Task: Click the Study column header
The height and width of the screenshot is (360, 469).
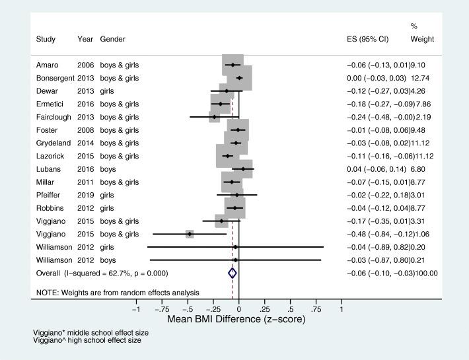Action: point(45,40)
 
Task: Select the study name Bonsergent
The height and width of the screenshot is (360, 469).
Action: point(55,78)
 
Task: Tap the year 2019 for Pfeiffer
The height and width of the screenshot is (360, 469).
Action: point(85,195)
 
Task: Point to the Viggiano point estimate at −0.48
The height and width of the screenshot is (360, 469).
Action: point(190,234)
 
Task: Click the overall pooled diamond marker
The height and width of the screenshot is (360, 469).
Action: point(232,273)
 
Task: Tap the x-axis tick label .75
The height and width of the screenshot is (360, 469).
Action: point(316,309)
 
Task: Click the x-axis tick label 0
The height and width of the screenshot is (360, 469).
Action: point(238,309)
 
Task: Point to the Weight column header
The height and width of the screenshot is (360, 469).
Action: point(422,40)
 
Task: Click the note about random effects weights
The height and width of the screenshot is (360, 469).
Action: point(118,292)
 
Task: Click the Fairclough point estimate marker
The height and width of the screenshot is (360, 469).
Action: point(214,117)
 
